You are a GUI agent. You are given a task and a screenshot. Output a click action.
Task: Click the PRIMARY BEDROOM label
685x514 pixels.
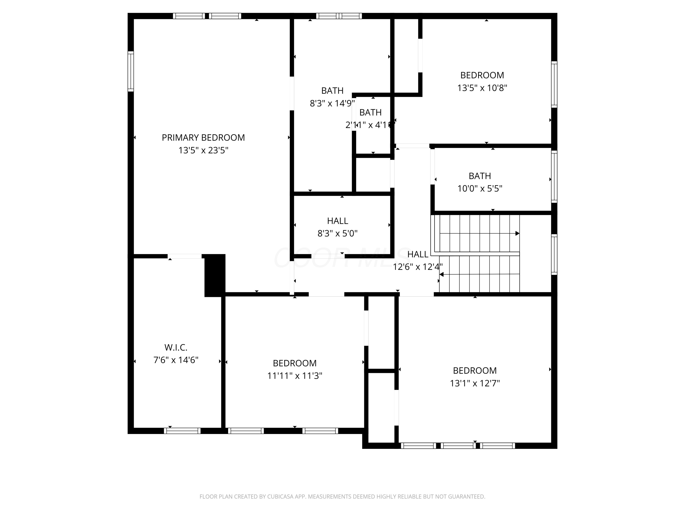pos(203,138)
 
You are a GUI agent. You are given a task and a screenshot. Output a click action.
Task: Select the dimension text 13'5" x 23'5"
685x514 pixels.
pos(203,150)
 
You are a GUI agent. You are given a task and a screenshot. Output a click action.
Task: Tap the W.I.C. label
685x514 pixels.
pos(176,347)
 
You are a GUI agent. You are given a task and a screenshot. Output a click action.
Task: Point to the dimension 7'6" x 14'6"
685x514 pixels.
pos(176,360)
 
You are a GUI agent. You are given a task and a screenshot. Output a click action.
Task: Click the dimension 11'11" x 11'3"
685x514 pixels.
pos(295,376)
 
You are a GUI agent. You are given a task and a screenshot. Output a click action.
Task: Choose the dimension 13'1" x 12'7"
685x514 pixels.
pos(474,383)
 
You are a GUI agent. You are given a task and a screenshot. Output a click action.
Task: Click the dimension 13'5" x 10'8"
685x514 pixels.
pos(482,88)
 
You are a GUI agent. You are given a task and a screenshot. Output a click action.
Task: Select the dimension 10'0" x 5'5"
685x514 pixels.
pos(480,188)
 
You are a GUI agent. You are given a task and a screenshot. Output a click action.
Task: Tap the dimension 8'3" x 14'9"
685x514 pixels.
pos(332,103)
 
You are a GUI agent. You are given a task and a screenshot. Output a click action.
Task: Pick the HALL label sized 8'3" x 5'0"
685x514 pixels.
pos(337,221)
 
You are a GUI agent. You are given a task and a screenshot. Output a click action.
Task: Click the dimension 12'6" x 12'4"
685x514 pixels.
pos(417,267)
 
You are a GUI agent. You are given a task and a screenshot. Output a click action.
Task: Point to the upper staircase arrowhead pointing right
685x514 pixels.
pos(517,233)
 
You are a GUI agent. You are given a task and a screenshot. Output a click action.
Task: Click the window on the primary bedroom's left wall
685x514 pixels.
pos(131,71)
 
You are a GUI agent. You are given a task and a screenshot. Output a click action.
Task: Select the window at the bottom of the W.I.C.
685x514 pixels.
pos(182,431)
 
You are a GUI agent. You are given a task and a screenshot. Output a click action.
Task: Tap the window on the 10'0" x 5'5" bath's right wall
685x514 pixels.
pos(554,177)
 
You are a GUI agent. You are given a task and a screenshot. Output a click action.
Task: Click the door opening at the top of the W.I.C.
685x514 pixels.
pos(184,256)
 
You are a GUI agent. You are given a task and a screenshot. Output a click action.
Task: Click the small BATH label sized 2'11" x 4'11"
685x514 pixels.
pos(370,112)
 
